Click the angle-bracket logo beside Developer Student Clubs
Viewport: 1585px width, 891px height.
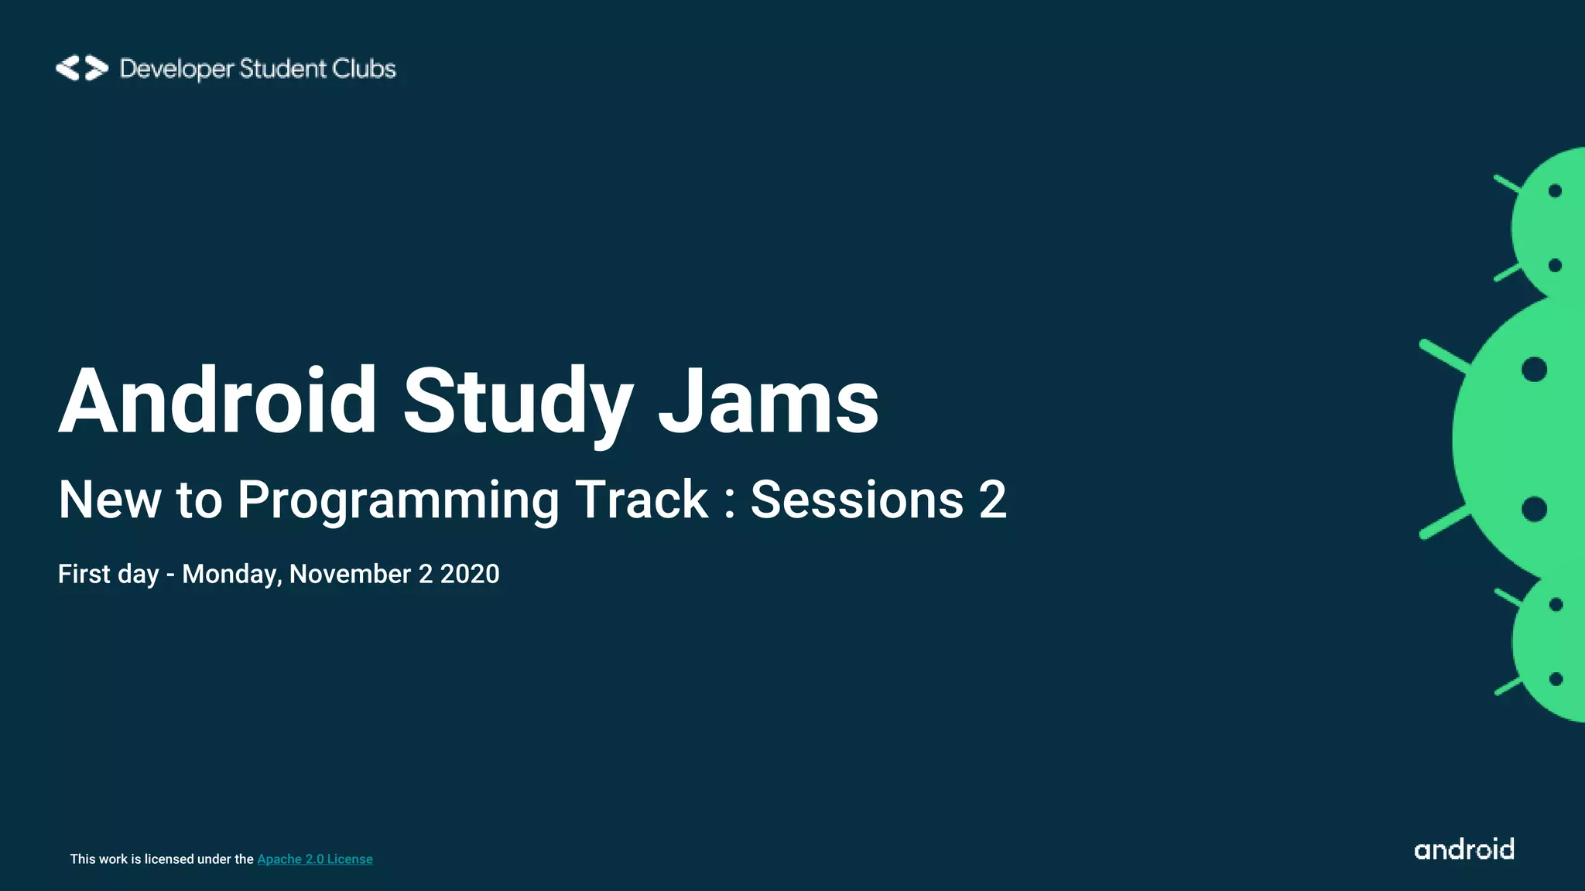pos(81,68)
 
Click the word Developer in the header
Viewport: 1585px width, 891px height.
pos(176,69)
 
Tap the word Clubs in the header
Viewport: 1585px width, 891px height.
pos(364,68)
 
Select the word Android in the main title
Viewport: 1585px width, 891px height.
pos(217,401)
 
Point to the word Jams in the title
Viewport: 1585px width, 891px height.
pos(769,401)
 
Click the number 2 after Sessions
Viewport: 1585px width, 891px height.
pos(992,499)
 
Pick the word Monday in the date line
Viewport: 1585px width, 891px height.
pos(231,574)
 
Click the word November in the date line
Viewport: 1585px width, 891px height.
pos(350,574)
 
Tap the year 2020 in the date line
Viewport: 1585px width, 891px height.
pos(470,574)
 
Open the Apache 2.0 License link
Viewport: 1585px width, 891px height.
pos(314,859)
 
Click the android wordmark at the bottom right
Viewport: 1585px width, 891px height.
pos(1463,849)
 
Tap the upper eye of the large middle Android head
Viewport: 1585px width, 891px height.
pos(1534,369)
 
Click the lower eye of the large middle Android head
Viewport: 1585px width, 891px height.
pos(1534,509)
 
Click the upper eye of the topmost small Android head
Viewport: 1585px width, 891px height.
pos(1555,191)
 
